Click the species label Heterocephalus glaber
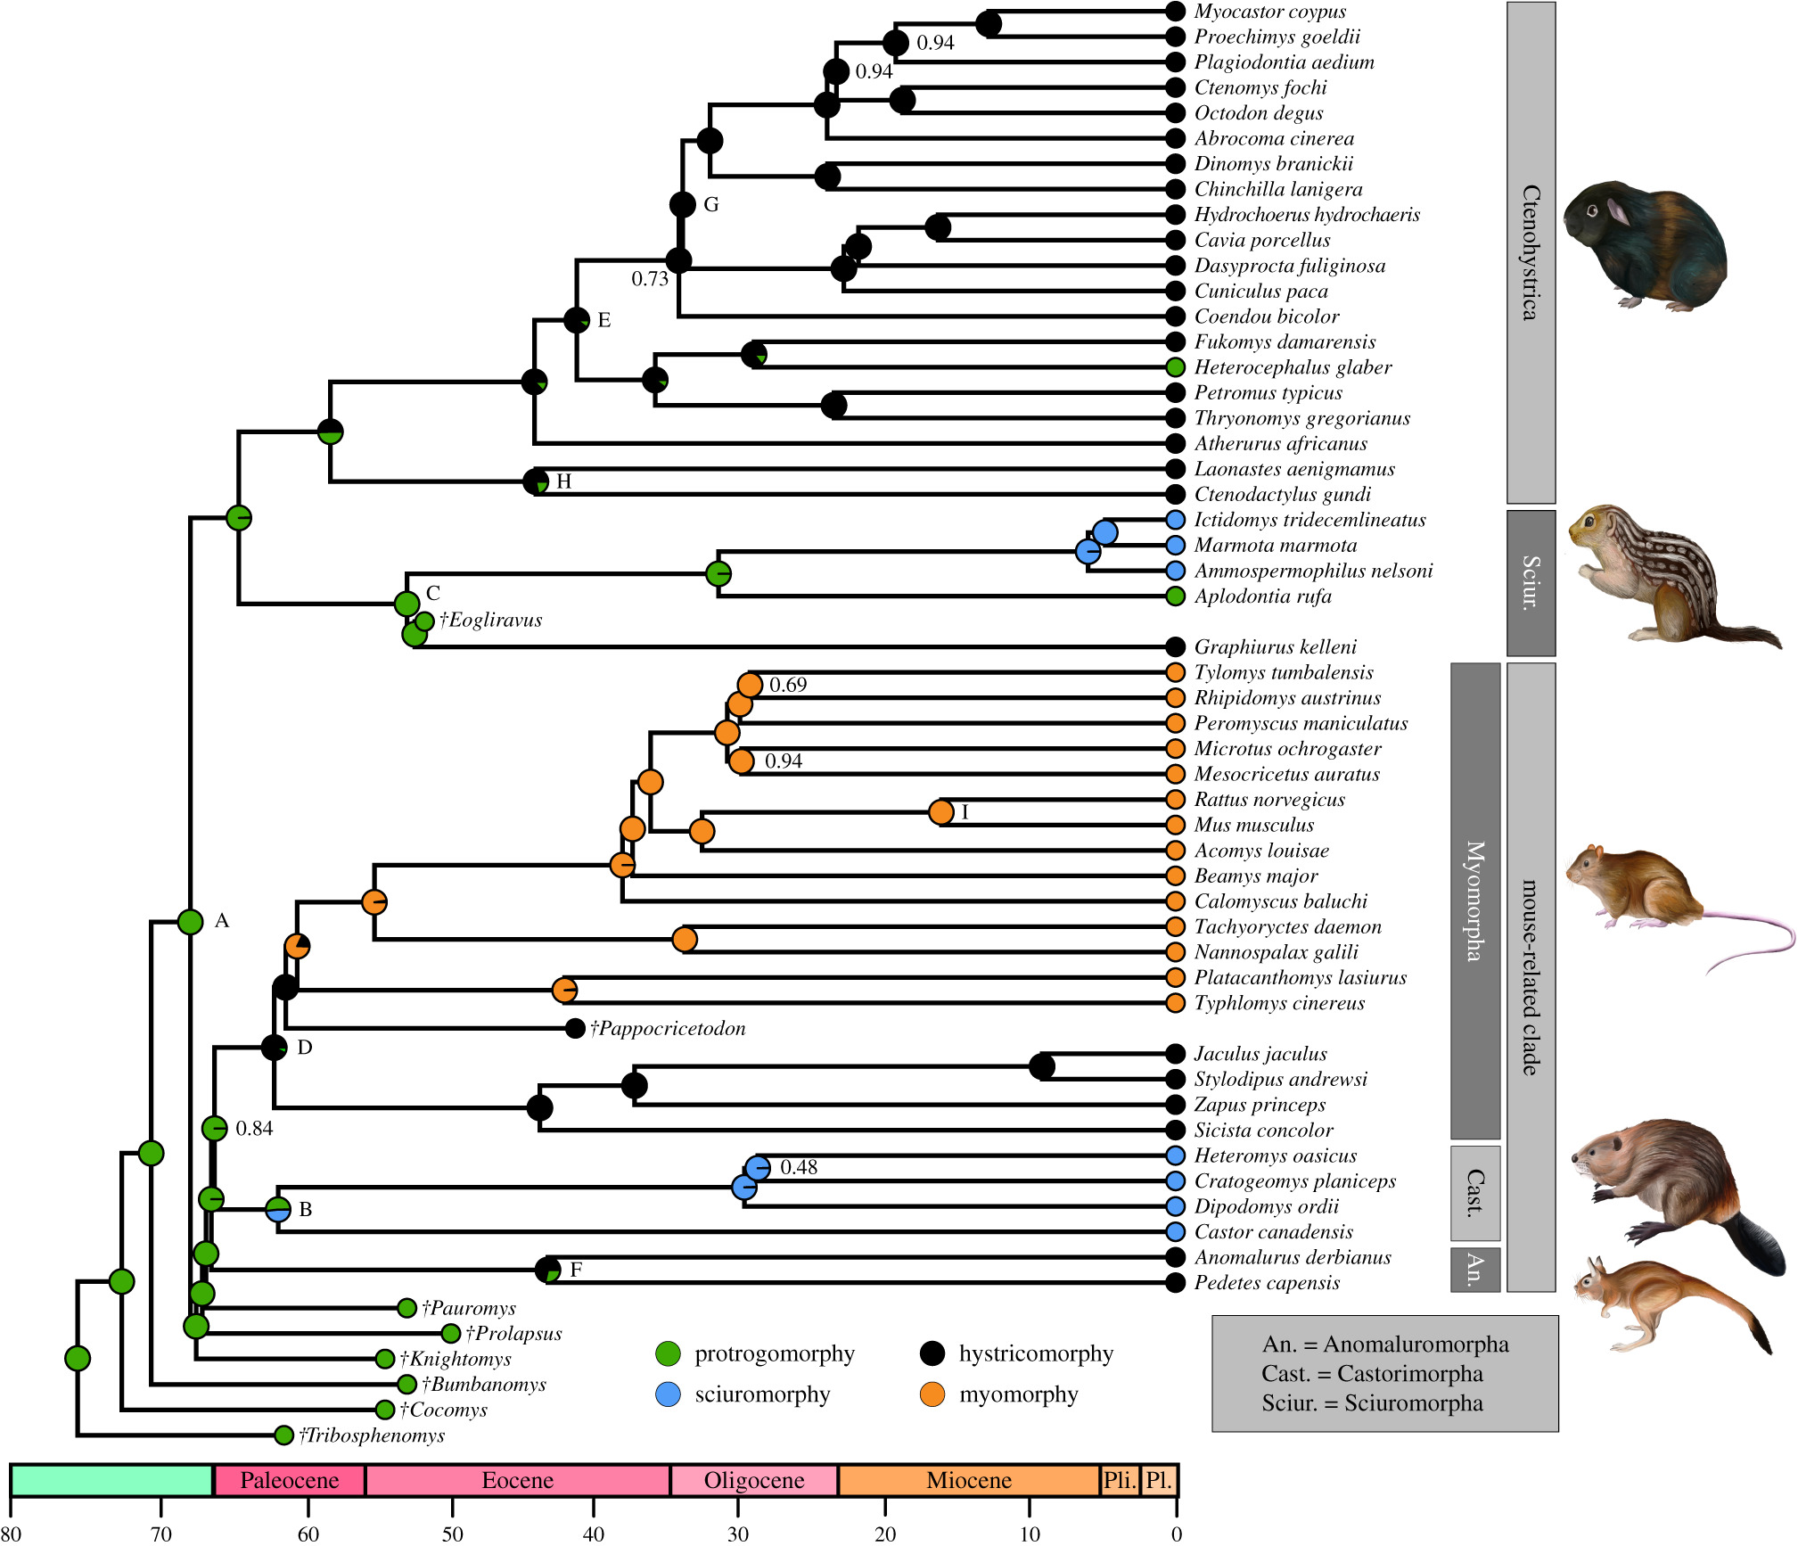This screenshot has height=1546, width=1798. tap(1293, 367)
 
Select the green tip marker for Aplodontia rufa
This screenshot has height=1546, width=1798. tap(1176, 596)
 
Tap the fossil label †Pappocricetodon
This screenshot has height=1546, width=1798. tap(668, 1028)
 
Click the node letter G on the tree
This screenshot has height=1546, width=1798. tap(711, 204)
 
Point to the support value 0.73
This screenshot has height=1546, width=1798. tap(650, 279)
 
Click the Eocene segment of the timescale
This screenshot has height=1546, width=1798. tap(517, 1480)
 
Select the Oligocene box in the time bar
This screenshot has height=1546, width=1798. tap(754, 1480)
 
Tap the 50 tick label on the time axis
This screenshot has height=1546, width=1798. tap(453, 1534)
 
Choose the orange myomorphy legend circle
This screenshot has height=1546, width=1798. tap(932, 1394)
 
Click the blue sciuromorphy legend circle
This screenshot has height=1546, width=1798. tap(668, 1394)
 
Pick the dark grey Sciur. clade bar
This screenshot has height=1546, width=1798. tap(1531, 583)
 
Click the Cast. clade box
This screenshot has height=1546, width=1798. tap(1475, 1193)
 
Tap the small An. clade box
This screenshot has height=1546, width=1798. tap(1475, 1269)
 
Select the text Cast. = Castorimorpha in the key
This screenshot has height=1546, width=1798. tap(1372, 1373)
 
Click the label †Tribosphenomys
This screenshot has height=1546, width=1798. tap(372, 1435)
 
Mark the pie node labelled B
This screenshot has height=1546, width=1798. tap(278, 1210)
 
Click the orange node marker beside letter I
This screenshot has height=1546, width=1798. tap(941, 812)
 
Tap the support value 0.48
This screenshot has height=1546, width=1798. tap(799, 1167)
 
